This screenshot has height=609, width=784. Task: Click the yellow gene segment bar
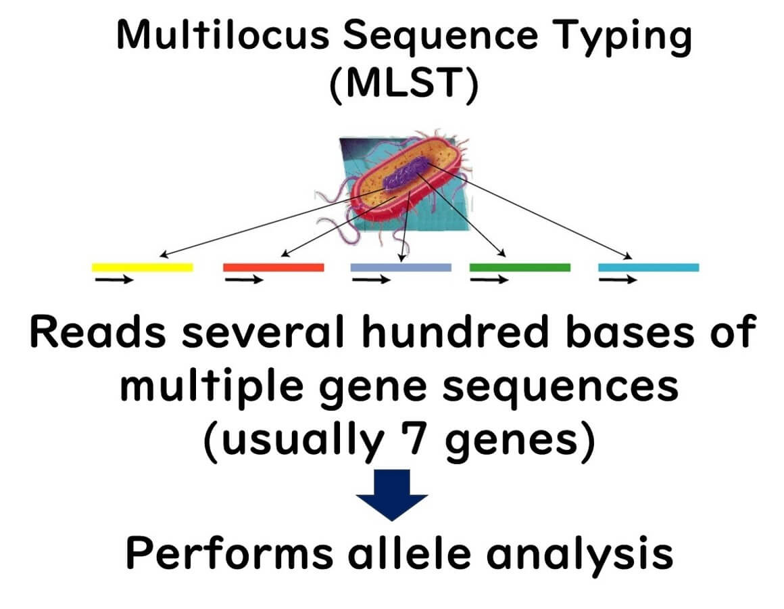[142, 267]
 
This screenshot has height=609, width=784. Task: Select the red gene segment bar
[273, 267]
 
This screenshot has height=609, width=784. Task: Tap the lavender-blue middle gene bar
[400, 267]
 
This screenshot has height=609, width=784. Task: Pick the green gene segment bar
[520, 267]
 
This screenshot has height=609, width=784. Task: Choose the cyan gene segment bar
[648, 267]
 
